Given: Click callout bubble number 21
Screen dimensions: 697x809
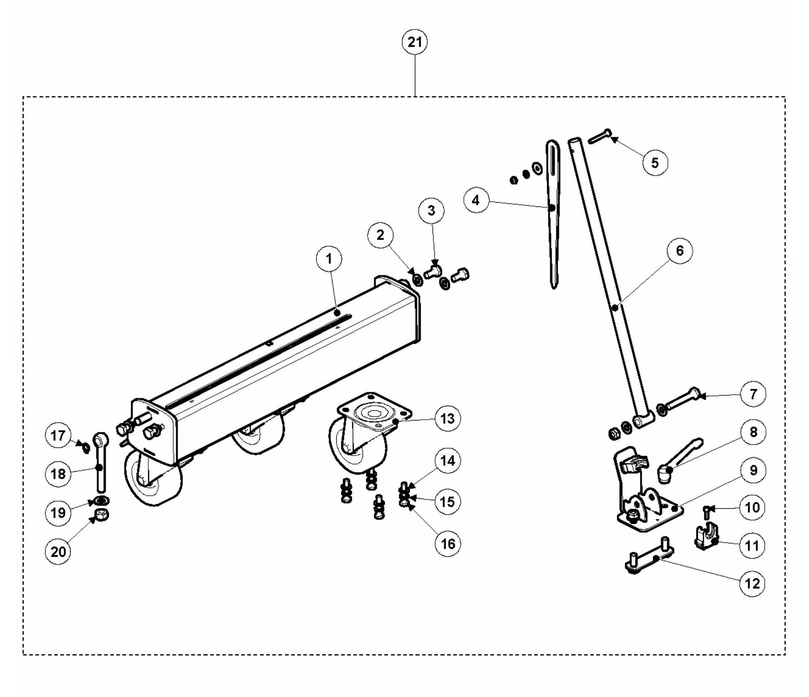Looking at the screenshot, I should pos(414,42).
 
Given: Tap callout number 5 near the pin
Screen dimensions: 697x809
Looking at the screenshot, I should pos(655,163).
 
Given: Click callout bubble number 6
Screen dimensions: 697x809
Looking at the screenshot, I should pos(679,251).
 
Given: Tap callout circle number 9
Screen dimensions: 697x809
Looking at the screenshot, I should pos(753,470).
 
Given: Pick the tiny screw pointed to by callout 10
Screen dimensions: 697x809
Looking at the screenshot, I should pos(706,513).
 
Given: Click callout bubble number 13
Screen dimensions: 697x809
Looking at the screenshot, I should pos(447,419).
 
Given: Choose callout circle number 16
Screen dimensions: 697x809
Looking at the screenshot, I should pos(448,543).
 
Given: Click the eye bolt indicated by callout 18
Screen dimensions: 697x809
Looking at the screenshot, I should pos(100,464).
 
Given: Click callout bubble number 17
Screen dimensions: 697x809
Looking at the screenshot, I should pos(58,435).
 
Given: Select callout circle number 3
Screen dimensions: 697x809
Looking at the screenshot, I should pos(431,211).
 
